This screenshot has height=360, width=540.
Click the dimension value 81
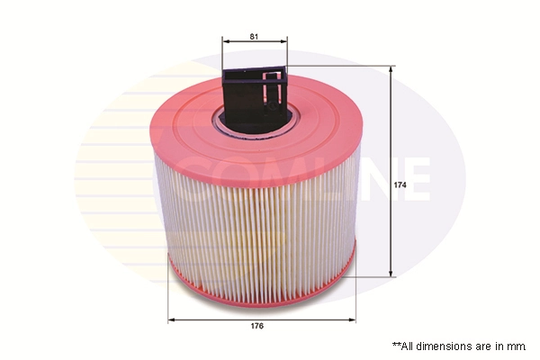255,36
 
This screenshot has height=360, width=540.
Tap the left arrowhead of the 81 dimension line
225,43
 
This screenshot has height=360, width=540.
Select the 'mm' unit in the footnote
517,346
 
